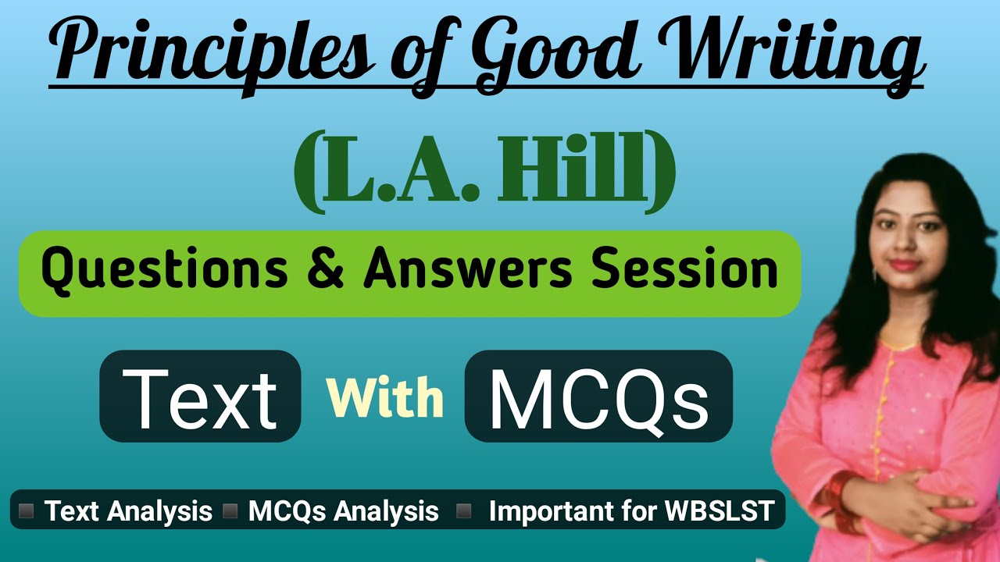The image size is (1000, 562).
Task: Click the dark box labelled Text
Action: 200,396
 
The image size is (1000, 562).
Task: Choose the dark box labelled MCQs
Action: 598,396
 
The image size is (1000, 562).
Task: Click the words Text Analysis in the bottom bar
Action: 128,511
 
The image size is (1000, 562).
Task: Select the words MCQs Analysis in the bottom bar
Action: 343,511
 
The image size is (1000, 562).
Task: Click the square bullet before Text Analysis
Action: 26,511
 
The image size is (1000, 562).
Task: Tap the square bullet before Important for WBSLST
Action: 464,511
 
